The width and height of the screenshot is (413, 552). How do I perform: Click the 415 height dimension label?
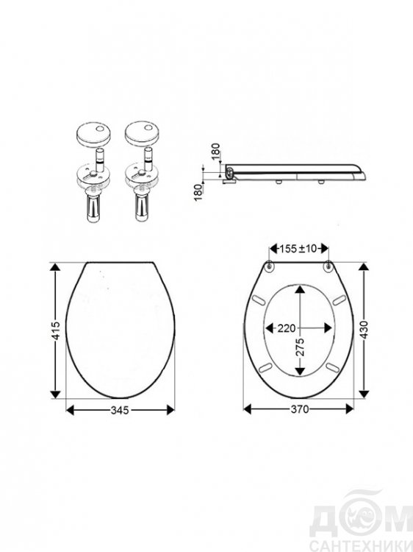(57, 330)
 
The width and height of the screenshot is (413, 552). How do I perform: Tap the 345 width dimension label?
(120, 410)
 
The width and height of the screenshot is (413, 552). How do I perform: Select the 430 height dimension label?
(364, 330)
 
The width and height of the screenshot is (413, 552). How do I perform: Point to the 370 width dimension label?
(300, 409)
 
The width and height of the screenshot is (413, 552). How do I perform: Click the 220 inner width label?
(287, 328)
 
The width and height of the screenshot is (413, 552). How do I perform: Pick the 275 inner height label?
(300, 348)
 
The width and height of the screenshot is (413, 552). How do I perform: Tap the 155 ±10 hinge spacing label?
(298, 249)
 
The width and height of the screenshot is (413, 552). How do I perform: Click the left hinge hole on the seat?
(269, 266)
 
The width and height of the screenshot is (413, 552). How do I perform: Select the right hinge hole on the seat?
(328, 266)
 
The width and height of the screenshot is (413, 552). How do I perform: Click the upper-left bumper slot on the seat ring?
(261, 300)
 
